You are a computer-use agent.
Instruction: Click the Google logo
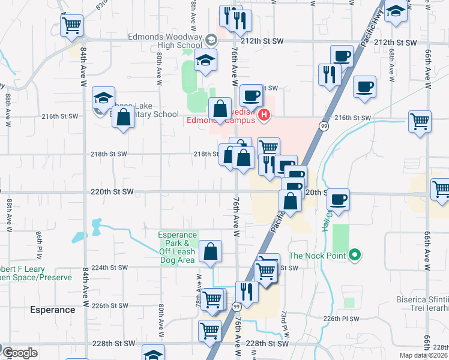tap(20, 353)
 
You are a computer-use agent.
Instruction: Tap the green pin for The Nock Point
tap(354, 256)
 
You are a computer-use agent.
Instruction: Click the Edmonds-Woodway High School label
tap(165, 40)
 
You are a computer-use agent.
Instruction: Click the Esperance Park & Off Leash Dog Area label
tap(178, 247)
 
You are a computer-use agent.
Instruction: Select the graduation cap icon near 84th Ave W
tap(103, 97)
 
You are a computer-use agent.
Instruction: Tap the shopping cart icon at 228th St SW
tap(210, 329)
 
